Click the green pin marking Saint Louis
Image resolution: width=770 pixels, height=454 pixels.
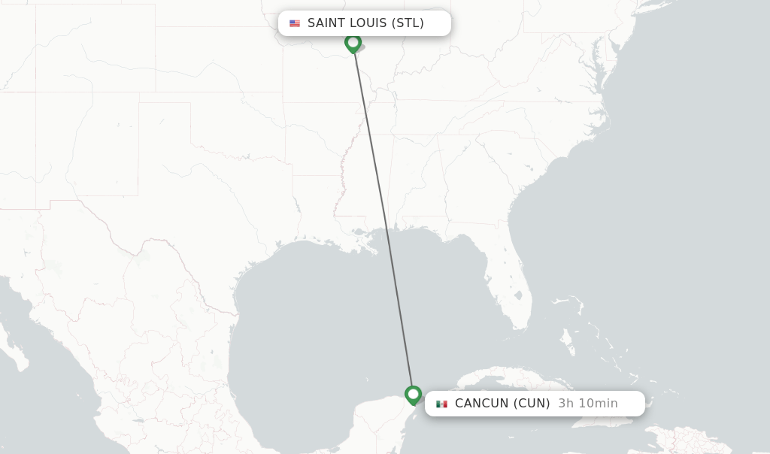coord(353,43)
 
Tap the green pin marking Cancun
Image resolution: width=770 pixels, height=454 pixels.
coord(413,395)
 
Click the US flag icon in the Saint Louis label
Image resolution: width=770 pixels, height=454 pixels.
coord(295,23)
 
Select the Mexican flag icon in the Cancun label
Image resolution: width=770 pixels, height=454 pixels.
coord(441,404)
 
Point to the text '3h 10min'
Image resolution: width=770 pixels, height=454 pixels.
coord(587,404)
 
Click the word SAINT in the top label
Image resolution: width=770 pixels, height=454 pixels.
coord(326,23)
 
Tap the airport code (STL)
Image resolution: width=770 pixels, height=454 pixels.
coord(408,23)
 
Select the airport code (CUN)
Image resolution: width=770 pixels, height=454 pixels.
coord(532,404)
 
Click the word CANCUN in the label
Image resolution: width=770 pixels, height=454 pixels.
coord(482,404)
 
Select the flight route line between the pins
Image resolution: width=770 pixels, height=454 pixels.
coord(383,218)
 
